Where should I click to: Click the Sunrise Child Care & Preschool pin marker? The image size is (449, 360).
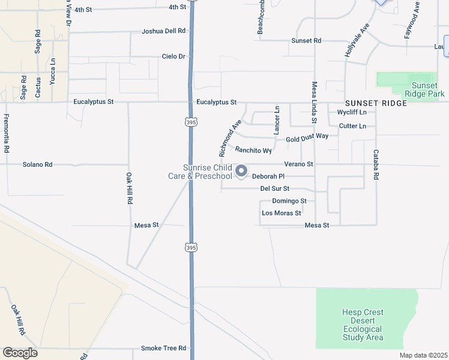pos(241,172)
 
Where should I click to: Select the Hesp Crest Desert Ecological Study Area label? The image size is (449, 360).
pos(363,325)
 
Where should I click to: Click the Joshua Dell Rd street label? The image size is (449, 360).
pos(163,31)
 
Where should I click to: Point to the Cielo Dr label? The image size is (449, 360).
pos(173,56)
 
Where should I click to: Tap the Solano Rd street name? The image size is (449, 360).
pos(37,164)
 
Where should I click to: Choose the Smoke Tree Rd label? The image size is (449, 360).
pos(163,348)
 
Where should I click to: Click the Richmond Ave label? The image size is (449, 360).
pos(230,139)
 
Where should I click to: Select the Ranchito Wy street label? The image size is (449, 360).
pos(253,151)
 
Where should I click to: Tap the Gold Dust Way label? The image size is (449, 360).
pos(307,137)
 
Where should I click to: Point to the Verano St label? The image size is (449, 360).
pos(299,164)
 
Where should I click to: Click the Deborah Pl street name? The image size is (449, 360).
pos(268,176)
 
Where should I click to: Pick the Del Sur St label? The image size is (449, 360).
pos(275,189)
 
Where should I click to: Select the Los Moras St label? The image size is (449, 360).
pos(281,213)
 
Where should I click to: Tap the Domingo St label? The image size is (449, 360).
pos(289,201)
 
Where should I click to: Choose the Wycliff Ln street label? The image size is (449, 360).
pos(352,112)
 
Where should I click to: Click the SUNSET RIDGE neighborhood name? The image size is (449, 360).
pos(376,103)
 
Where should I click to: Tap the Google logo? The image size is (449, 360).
pos(20,353)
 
